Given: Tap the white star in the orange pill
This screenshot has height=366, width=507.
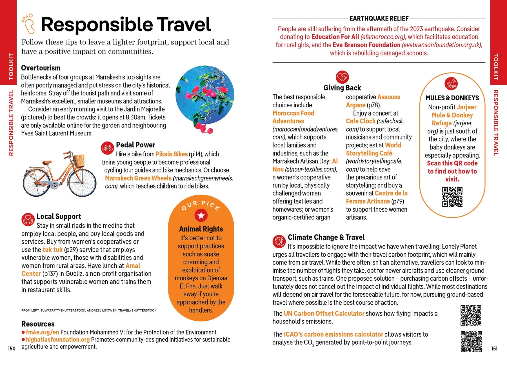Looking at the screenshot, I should [x=201, y=216].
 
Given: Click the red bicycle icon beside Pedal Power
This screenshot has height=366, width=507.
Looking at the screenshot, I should [x=107, y=148].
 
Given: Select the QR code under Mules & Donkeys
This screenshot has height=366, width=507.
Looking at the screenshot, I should [x=452, y=197].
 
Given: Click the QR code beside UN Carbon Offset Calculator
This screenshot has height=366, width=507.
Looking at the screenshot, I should [x=471, y=315].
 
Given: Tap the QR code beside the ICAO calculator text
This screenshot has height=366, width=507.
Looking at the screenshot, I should [x=471, y=341].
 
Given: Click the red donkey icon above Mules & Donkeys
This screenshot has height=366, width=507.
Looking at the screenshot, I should [x=451, y=84].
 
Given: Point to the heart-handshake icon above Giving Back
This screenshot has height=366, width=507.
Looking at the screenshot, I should [x=342, y=77].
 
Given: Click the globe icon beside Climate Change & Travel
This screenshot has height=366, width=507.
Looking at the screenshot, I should [x=279, y=241].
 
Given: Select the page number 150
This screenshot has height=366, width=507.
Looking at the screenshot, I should [x=12, y=349].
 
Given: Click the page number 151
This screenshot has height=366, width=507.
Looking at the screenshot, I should [x=494, y=349].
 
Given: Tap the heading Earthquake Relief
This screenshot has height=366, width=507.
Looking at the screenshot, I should [x=379, y=19].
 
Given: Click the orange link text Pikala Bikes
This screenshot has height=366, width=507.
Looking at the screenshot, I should [x=172, y=154].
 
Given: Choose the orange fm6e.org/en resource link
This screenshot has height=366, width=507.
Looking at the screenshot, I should [x=43, y=332].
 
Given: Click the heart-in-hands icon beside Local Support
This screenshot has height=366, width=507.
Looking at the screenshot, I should [x=28, y=219].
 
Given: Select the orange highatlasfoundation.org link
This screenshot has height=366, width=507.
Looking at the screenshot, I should [x=58, y=340].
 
